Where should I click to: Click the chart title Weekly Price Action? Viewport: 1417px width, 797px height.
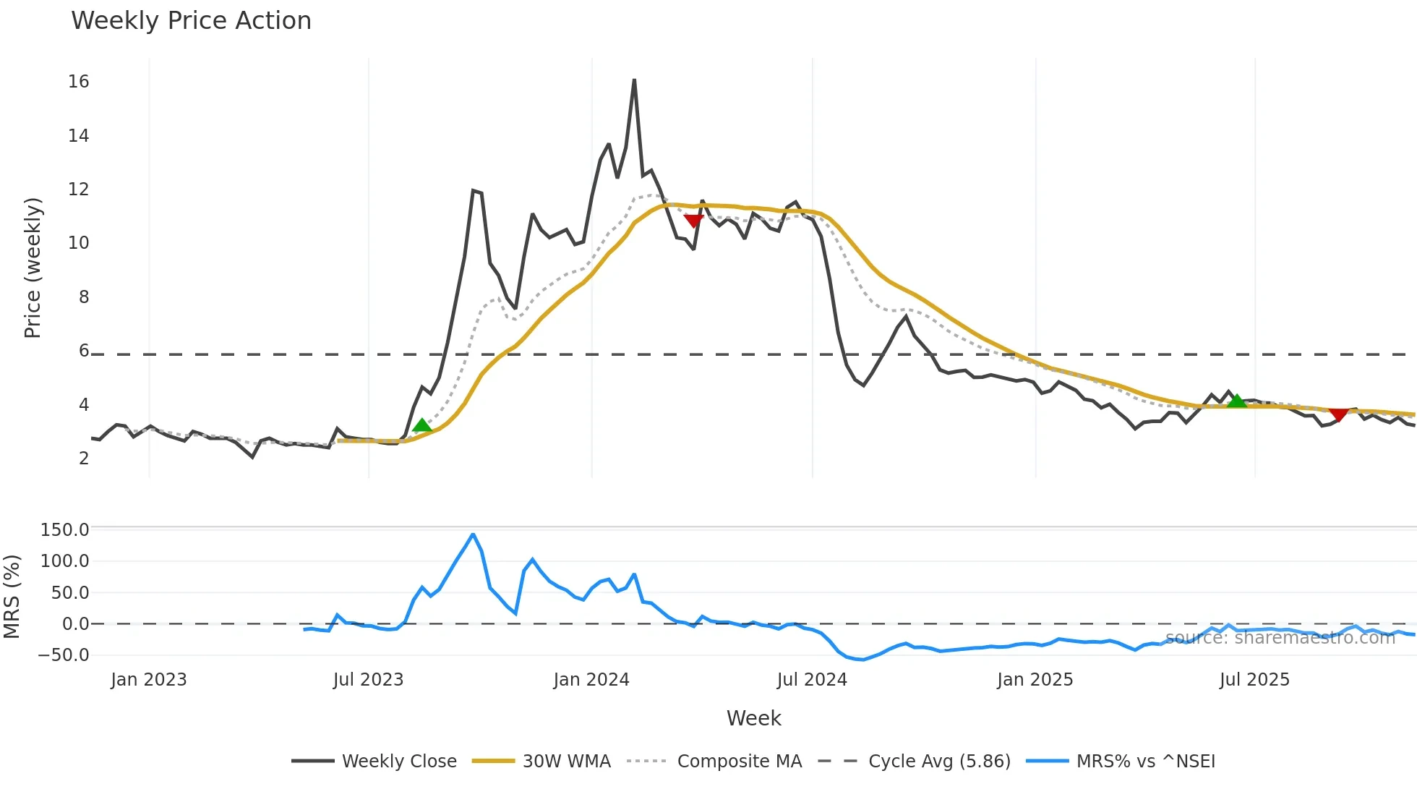point(191,21)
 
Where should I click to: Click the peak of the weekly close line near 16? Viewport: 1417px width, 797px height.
point(634,80)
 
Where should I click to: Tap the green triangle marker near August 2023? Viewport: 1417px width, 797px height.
point(422,425)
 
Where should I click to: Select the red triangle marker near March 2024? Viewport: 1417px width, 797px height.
point(693,221)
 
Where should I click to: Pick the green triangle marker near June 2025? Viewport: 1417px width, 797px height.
point(1237,401)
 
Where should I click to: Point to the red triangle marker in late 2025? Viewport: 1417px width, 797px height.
point(1338,414)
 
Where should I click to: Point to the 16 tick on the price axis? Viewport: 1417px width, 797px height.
point(79,82)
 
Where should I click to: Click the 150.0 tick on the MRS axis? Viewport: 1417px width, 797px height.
point(64,530)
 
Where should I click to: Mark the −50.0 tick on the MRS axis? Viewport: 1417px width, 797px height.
point(64,655)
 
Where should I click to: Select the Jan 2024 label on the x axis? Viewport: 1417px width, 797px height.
point(591,680)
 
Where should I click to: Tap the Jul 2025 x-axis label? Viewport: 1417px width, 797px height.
point(1254,680)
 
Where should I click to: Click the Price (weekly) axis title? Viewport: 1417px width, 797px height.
point(33,268)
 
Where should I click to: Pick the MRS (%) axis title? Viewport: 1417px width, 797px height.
point(12,597)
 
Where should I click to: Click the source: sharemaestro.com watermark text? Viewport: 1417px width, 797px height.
point(1280,638)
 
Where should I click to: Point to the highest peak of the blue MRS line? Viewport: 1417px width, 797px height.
point(473,534)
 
